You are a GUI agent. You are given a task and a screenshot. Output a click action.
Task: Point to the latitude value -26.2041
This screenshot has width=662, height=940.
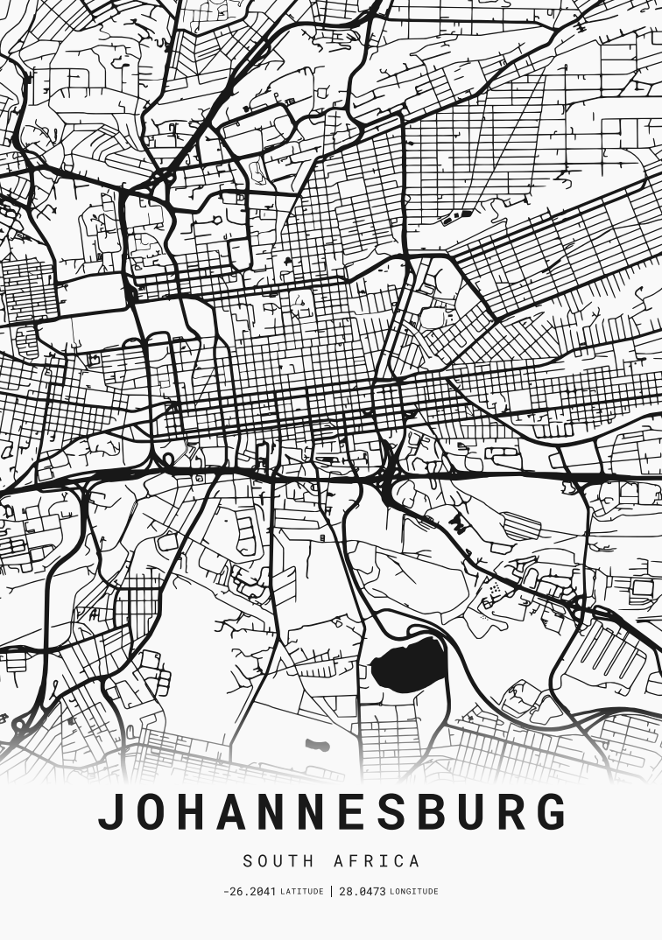click(250, 892)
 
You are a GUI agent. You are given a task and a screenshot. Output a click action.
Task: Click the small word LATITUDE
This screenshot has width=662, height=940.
click(301, 892)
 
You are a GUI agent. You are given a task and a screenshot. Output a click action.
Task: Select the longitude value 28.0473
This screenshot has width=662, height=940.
click(363, 892)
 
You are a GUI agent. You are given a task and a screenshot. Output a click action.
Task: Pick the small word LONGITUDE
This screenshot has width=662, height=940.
click(414, 892)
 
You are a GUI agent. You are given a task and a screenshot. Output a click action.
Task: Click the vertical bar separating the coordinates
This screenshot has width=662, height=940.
click(332, 892)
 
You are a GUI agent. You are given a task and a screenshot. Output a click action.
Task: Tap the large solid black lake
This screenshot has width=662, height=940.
click(409, 665)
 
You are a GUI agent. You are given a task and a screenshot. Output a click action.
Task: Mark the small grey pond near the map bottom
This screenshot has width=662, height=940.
click(317, 746)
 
